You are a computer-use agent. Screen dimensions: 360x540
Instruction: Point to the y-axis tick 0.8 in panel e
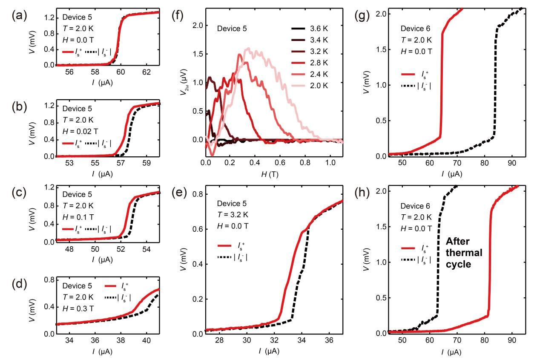[197, 194]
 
